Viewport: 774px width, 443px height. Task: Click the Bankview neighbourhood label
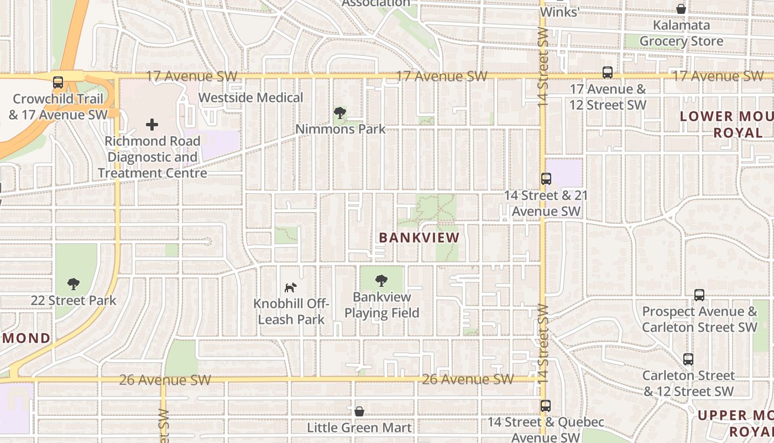[419, 238]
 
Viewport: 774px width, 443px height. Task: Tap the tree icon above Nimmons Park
[340, 114]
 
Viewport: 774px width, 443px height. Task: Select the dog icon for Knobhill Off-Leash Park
[291, 287]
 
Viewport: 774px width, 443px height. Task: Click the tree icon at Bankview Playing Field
[381, 281]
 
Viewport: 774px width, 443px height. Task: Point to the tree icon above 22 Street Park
[73, 285]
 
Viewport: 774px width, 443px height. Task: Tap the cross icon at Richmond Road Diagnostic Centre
[152, 125]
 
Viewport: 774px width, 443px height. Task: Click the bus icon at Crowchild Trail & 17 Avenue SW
[58, 83]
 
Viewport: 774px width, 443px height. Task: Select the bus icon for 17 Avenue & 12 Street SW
[608, 73]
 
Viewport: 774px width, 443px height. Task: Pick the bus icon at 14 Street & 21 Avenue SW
[546, 179]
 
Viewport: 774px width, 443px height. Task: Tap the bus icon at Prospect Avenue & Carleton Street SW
[699, 295]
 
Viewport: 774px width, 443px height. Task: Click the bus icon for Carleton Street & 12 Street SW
[688, 359]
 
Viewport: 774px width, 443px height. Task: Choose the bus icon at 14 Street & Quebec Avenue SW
[546, 406]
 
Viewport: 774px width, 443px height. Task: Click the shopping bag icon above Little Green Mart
[359, 411]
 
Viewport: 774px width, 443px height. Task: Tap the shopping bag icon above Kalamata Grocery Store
[681, 9]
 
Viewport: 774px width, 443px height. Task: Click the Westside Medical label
[250, 97]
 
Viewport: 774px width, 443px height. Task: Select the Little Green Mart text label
[359, 427]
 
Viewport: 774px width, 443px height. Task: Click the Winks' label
[559, 12]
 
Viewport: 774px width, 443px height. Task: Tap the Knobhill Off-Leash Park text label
[291, 312]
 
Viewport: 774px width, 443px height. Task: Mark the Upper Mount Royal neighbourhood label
[735, 423]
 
